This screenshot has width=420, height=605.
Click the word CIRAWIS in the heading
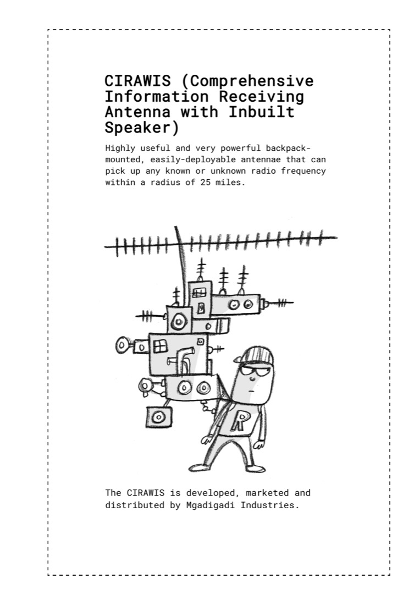(137, 81)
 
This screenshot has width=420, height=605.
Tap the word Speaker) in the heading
(142, 128)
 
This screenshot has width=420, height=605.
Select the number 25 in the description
(205, 182)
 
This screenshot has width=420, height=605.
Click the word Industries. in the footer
(269, 505)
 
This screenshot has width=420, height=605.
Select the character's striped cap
(255, 356)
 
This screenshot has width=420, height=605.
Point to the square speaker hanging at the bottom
(158, 417)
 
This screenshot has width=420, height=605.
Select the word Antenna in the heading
(137, 112)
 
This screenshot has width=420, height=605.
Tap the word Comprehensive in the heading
(252, 81)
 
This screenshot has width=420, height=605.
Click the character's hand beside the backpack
(207, 439)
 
